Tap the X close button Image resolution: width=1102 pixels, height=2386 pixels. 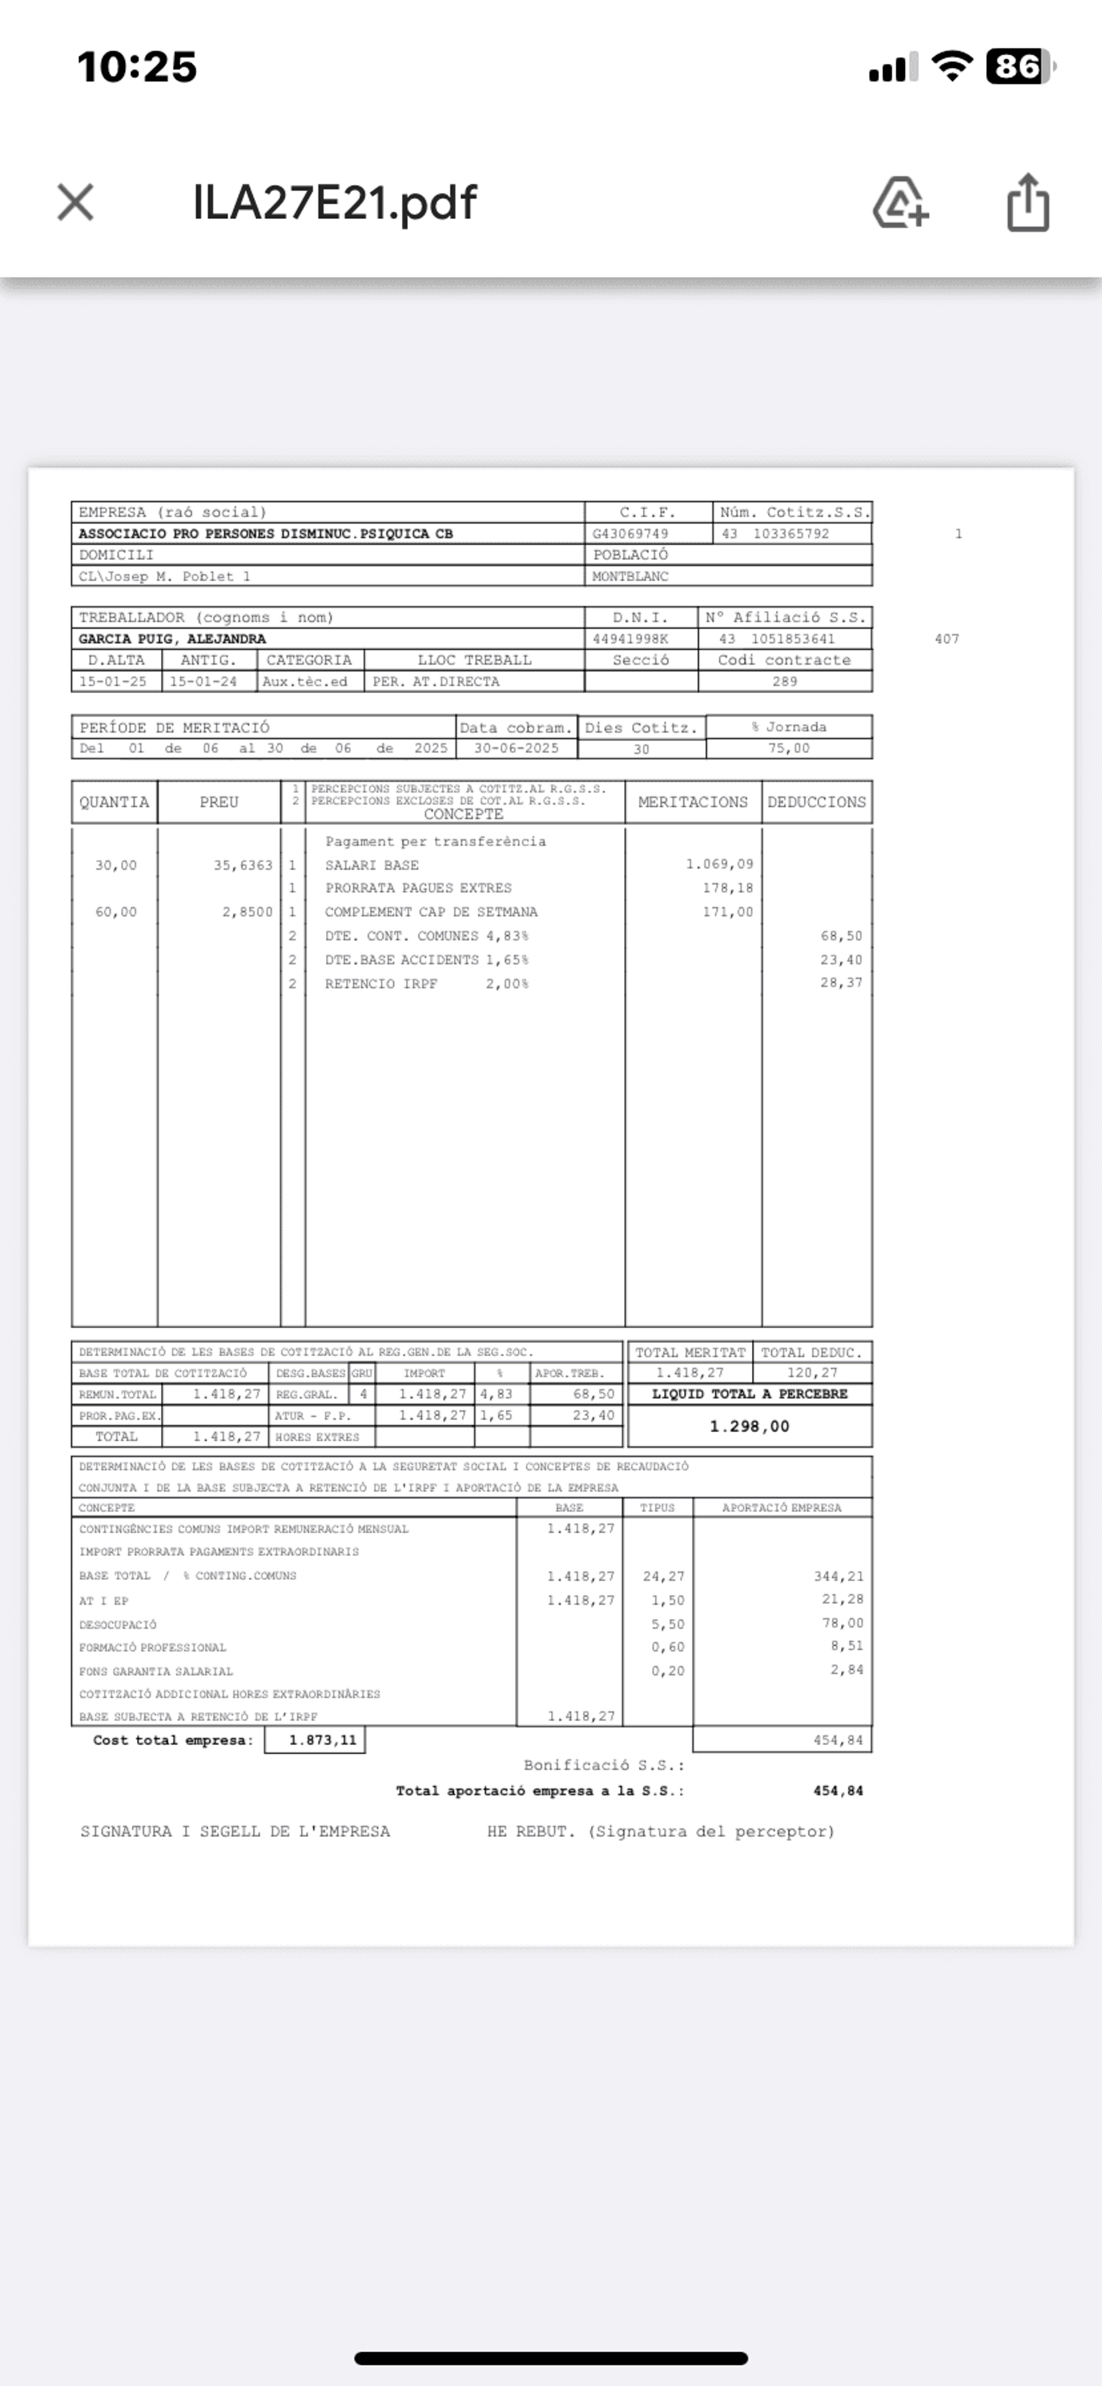coord(75,202)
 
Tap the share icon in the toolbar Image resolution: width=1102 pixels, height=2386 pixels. coord(1028,202)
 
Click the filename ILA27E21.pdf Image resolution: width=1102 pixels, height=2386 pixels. coord(334,202)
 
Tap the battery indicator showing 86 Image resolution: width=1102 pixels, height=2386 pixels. coord(1019,67)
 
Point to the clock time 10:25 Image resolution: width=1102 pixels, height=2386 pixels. coord(137,67)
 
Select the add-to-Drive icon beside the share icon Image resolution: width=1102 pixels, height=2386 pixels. coord(900,202)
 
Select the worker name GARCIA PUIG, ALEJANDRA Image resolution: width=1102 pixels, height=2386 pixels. coord(172,639)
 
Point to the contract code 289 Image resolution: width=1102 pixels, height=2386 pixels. coord(785,682)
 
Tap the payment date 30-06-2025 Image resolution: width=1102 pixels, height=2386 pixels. coord(516,748)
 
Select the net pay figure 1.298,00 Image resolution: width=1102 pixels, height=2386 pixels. coord(749,1426)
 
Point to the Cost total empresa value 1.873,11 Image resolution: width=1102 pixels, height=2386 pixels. coord(322,1741)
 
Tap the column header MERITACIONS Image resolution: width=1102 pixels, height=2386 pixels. coord(693,802)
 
